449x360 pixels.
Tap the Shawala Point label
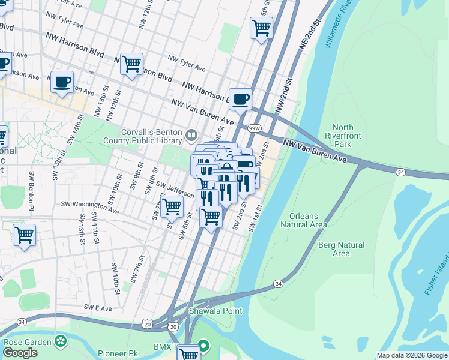pyautogui.click(x=215, y=311)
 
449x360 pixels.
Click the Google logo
pyautogui.click(x=20, y=353)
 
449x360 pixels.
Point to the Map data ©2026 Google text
pyautogui.click(x=412, y=355)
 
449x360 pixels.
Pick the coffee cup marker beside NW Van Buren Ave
pyautogui.click(x=240, y=100)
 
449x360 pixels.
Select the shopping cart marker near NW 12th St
pyautogui.click(x=131, y=63)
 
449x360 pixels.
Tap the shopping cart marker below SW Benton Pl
pyautogui.click(x=24, y=235)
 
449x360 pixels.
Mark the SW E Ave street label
pyautogui.click(x=98, y=307)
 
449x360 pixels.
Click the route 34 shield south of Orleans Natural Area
pyautogui.click(x=277, y=283)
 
